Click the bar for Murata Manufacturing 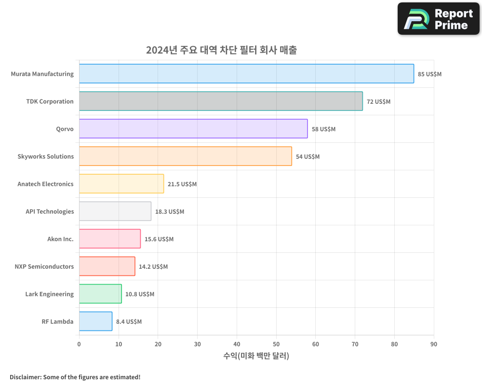click(x=246, y=74)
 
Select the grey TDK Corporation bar click(x=221, y=101)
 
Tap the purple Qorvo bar click(x=193, y=129)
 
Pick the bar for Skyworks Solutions click(x=185, y=156)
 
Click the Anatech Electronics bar click(x=121, y=184)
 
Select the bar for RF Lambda click(x=95, y=321)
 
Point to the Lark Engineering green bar click(x=100, y=294)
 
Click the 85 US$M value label click(x=429, y=74)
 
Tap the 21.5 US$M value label click(x=182, y=184)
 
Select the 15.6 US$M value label click(x=159, y=239)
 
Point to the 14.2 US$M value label click(x=153, y=267)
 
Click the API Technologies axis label click(x=50, y=211)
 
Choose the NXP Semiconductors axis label click(x=44, y=266)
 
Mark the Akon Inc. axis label click(x=60, y=239)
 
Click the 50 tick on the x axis click(x=276, y=344)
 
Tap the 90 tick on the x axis click(x=434, y=344)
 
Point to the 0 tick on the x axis click(x=79, y=344)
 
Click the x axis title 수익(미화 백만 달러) click(x=256, y=356)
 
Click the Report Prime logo click(x=438, y=19)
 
